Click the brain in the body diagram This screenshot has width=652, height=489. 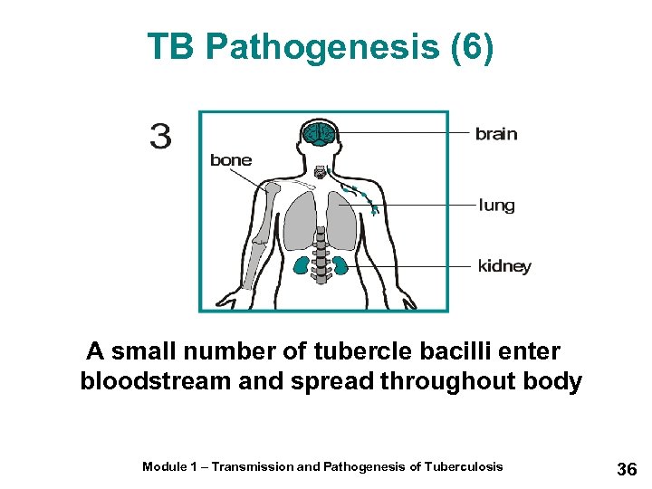320,134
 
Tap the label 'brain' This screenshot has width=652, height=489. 496,134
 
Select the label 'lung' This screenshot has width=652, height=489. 496,206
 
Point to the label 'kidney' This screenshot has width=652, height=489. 504,266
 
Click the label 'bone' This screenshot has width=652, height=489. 231,160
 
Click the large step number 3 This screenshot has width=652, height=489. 160,137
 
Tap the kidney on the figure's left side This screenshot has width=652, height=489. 302,265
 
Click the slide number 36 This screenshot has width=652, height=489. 627,469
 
